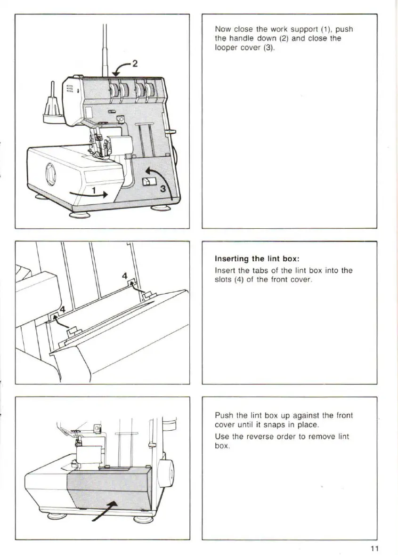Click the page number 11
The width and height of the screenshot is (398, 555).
click(x=375, y=548)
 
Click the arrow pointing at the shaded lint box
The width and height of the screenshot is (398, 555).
click(x=104, y=511)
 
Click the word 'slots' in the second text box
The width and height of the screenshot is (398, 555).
click(x=223, y=280)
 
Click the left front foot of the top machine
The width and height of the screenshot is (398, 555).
click(x=79, y=215)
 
